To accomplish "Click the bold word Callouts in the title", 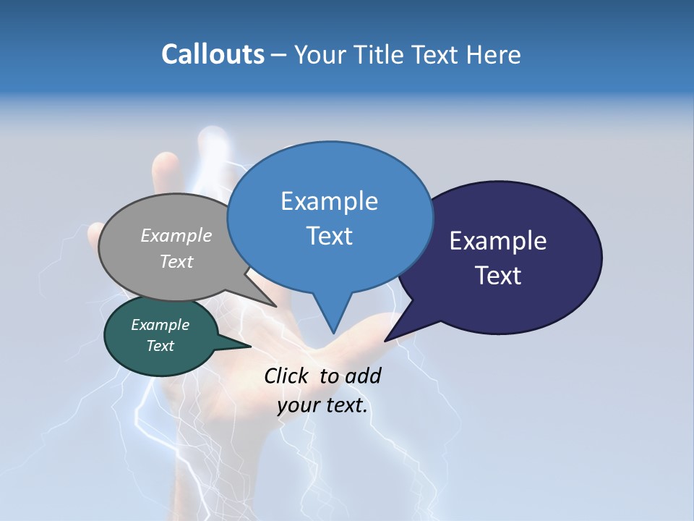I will (213, 54).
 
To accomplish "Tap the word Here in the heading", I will (494, 54).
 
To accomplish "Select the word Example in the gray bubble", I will (176, 235).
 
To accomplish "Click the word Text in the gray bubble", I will (176, 261).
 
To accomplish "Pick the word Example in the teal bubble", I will (160, 325).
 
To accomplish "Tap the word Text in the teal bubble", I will (160, 346).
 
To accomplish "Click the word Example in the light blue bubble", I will (330, 201).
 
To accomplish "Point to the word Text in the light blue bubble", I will (330, 236).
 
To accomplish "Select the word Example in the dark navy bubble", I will (498, 241).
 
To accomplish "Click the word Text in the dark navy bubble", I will (498, 276).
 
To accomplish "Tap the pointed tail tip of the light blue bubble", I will (333, 333).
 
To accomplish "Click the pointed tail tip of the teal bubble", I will (250, 346).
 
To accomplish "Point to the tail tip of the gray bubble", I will (276, 306).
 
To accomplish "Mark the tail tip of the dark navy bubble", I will (385, 340).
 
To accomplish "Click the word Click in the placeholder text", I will (288, 376).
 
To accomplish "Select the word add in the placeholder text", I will (363, 376).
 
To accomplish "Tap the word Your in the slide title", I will (321, 54).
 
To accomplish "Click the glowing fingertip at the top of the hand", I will (213, 137).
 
